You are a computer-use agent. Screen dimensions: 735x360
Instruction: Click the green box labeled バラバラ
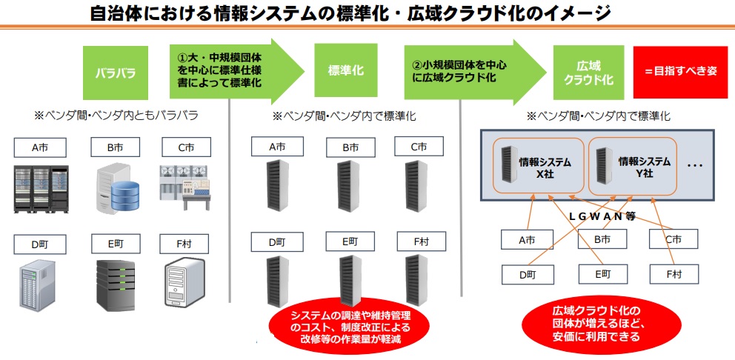click(116, 73)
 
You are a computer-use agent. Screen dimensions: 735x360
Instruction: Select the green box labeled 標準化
click(346, 71)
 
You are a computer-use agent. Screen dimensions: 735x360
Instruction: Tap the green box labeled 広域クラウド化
click(588, 73)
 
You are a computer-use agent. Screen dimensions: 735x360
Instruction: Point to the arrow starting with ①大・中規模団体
click(236, 71)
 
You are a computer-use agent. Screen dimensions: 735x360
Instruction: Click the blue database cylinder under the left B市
click(125, 195)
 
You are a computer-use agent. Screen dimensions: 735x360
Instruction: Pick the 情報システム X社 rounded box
click(538, 167)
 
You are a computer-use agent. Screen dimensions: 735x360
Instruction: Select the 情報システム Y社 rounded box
click(632, 167)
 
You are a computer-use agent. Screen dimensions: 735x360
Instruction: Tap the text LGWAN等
click(602, 216)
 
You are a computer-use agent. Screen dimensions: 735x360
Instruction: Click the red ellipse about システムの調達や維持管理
click(349, 327)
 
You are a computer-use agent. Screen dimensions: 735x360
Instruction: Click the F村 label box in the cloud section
click(674, 274)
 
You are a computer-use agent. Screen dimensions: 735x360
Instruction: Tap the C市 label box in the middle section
click(419, 146)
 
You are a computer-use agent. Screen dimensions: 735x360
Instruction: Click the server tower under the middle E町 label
click(349, 280)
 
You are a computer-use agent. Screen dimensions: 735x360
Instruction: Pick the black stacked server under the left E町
click(116, 285)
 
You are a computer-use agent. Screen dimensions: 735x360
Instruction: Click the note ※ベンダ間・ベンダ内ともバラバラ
click(116, 116)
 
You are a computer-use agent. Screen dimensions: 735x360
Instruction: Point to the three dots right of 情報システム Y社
click(695, 166)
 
